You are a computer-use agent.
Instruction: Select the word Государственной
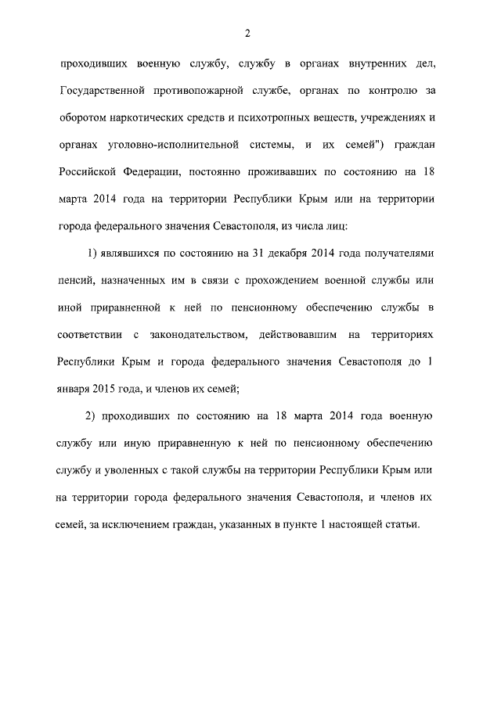coord(104,90)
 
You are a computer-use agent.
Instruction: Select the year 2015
coord(108,390)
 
